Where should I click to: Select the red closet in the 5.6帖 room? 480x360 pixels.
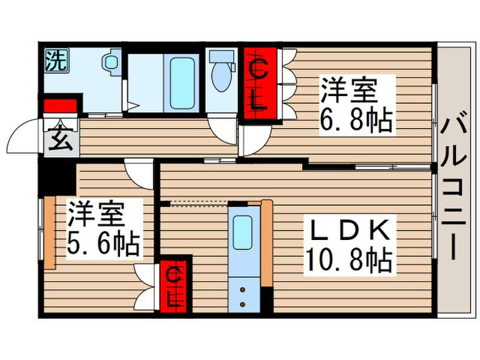pos(174,287)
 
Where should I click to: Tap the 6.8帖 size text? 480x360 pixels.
pos(357,121)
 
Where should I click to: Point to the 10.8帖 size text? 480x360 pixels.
pos(349,260)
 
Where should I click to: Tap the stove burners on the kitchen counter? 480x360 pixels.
pos(243,294)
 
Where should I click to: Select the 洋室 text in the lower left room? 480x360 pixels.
pos(96,215)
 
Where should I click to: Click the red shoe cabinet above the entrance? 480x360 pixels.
pos(60,106)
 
